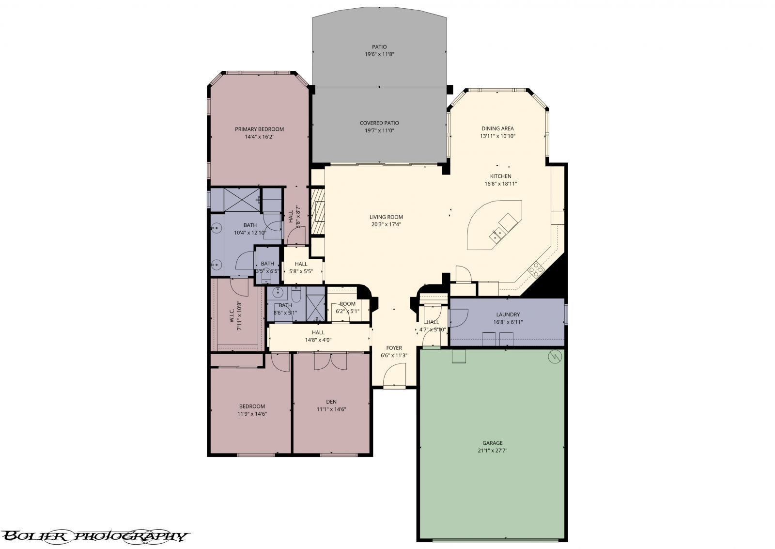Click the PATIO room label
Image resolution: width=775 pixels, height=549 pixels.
tap(379, 47)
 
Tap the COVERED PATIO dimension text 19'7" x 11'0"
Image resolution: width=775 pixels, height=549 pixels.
tap(379, 130)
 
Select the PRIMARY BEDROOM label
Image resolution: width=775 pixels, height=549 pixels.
tap(259, 129)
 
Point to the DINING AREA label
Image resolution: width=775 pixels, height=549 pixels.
tap(497, 128)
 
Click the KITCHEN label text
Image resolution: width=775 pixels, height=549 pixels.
tap(500, 176)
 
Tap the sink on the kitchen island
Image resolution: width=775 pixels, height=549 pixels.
tap(497, 236)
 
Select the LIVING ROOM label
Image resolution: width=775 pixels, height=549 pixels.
tap(386, 217)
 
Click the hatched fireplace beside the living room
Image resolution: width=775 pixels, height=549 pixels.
tap(318, 211)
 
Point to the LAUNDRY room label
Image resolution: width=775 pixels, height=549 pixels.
tap(508, 314)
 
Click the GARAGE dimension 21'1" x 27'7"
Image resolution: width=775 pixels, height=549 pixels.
tap(492, 450)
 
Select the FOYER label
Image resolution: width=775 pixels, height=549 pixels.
tap(394, 348)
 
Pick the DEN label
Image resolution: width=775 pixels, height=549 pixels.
tap(331, 401)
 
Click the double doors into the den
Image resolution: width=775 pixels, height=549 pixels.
tap(330, 361)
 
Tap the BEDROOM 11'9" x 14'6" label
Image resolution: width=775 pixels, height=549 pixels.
tap(252, 406)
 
